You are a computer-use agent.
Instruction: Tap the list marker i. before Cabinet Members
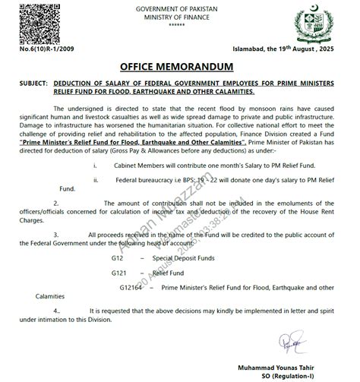coord(95,163)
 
